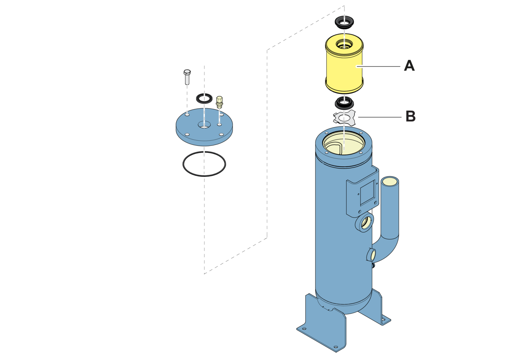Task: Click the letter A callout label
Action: [409, 66]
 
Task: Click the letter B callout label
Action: [410, 116]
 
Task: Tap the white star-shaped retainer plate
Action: [344, 118]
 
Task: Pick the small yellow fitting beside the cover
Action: [219, 102]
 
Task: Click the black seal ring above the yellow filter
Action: [344, 22]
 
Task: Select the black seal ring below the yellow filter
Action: [344, 102]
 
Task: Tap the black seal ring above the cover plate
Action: [204, 99]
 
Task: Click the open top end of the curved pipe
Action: [390, 182]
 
